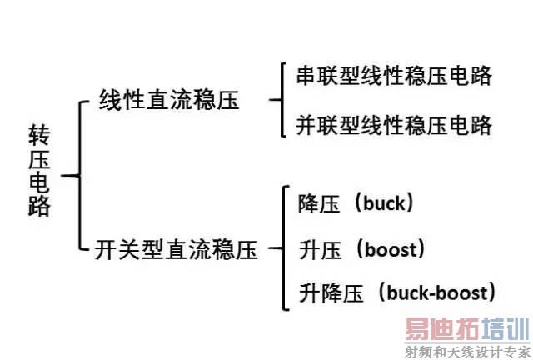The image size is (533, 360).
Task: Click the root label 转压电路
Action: [x=39, y=170]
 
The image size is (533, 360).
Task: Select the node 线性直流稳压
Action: [x=169, y=101]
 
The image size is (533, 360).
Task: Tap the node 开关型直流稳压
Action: [x=177, y=248]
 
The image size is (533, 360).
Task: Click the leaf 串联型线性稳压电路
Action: [x=394, y=77]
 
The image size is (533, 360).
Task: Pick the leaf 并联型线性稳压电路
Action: [x=394, y=126]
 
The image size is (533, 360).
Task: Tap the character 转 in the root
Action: [x=39, y=134]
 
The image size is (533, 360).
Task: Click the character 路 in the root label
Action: [x=39, y=206]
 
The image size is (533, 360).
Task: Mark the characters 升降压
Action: [x=329, y=292]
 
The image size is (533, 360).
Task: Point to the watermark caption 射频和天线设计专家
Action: [x=467, y=351]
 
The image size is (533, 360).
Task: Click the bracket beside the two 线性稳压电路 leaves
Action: [x=283, y=101]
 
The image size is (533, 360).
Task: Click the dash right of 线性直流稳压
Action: [x=274, y=101]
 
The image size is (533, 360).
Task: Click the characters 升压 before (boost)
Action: [x=317, y=248]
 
